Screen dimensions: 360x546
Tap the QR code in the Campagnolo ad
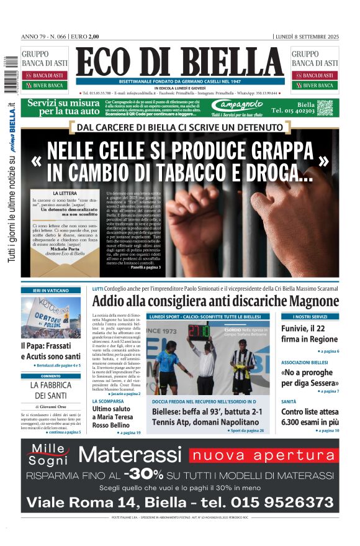coord(325,107)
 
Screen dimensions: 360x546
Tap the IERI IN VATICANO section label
coord(52,290)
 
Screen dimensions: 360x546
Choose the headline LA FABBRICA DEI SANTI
coord(52,390)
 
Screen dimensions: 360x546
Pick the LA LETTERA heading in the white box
coord(65,193)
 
